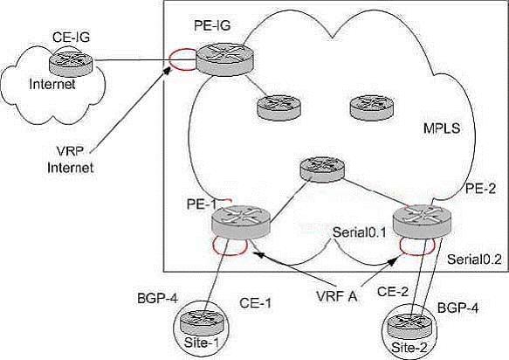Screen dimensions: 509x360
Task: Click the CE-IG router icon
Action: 71,63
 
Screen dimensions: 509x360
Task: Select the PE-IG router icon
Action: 224,59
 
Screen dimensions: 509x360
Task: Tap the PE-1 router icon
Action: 241,222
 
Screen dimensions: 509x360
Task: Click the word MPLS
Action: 442,128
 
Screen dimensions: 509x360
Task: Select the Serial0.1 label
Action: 359,232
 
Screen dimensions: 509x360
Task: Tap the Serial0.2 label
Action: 474,260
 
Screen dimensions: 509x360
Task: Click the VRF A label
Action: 337,296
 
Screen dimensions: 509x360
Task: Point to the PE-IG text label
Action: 212,25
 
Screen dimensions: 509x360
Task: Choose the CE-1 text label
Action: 255,303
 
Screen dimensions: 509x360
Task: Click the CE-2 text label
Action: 393,292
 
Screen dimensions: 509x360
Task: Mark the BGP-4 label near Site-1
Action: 158,298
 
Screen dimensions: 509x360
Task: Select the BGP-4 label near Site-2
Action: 458,308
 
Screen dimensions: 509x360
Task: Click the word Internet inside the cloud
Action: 52,85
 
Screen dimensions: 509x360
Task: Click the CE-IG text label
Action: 71,38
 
